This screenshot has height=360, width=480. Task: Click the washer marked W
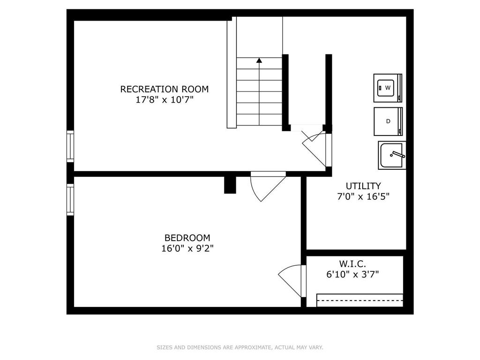(388, 88)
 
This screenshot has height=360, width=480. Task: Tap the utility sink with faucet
(392, 155)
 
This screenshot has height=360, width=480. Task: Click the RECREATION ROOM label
(165, 89)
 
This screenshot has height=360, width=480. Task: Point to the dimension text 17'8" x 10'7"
(165, 100)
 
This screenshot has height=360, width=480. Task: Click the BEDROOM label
(187, 238)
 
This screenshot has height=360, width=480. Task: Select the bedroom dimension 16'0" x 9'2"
(187, 249)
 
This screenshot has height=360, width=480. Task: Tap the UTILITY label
(363, 186)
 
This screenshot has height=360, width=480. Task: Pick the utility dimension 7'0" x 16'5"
(363, 197)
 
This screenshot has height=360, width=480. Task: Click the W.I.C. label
(352, 264)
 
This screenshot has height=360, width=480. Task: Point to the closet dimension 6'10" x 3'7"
(352, 275)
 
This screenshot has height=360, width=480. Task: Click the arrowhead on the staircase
(259, 60)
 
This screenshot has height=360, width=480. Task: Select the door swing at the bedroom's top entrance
(266, 186)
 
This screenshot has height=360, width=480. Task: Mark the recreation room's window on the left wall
(70, 146)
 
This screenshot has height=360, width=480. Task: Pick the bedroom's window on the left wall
(70, 199)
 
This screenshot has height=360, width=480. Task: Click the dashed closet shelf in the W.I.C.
(360, 300)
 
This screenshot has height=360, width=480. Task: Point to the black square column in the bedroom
(230, 185)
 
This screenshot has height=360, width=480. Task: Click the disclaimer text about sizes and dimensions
(240, 347)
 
